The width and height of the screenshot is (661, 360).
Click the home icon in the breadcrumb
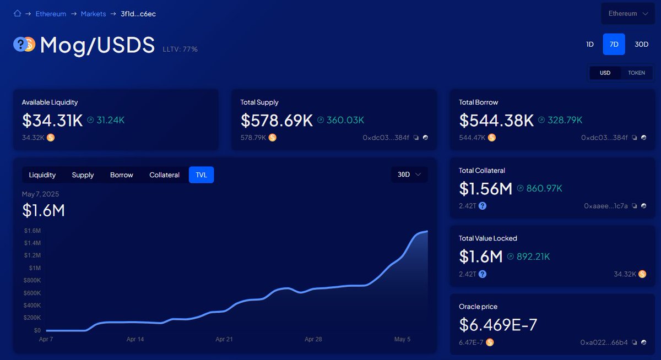pyautogui.click(x=17, y=14)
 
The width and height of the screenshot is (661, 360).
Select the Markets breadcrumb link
pyautogui.click(x=93, y=14)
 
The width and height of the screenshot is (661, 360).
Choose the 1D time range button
pyautogui.click(x=590, y=45)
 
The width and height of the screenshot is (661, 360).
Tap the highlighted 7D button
pyautogui.click(x=614, y=45)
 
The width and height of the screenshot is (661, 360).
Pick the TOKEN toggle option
pyautogui.click(x=636, y=73)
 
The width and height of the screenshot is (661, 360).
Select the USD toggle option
pyautogui.click(x=605, y=73)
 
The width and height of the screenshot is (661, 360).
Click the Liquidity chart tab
pyautogui.click(x=42, y=175)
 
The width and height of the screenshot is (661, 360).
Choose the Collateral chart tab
pyautogui.click(x=164, y=175)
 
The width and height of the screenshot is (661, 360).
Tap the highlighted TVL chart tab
pyautogui.click(x=201, y=175)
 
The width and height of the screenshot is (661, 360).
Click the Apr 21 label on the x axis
pyautogui.click(x=224, y=340)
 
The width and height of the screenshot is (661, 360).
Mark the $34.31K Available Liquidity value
pyautogui.click(x=52, y=120)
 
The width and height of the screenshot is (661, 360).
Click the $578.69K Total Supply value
pyautogui.click(x=277, y=120)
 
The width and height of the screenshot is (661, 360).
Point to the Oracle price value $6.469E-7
pyautogui.click(x=498, y=325)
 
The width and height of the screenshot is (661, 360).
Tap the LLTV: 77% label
pyautogui.click(x=180, y=50)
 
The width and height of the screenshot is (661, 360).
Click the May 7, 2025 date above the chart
pyautogui.click(x=40, y=194)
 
